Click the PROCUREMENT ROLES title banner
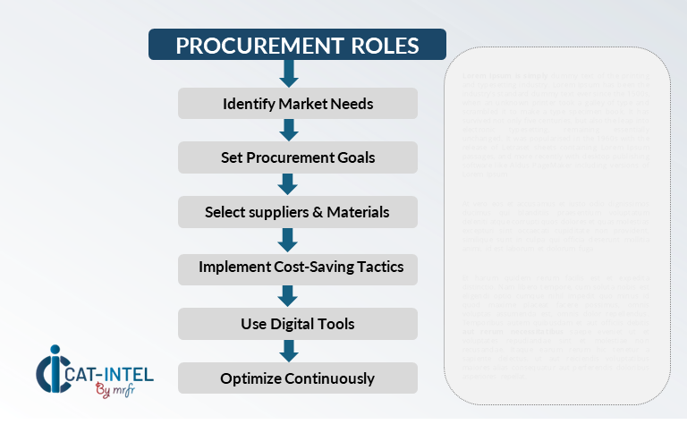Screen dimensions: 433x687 click(x=297, y=45)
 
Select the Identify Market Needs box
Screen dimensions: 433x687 click(x=297, y=104)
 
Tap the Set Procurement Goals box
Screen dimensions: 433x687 click(x=297, y=157)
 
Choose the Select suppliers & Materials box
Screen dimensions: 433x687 click(x=297, y=212)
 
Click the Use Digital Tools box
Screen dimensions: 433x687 click(x=297, y=323)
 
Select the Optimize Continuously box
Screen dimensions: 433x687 click(x=297, y=378)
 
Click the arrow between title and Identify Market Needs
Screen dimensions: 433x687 click(x=288, y=74)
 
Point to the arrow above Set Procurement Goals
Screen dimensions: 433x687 click(x=288, y=131)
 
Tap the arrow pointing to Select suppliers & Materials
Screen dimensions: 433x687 click(x=288, y=184)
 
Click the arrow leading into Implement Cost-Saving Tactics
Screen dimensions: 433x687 click(x=288, y=240)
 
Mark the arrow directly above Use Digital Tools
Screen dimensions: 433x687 click(x=288, y=295)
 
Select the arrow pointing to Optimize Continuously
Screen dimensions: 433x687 click(x=288, y=351)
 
